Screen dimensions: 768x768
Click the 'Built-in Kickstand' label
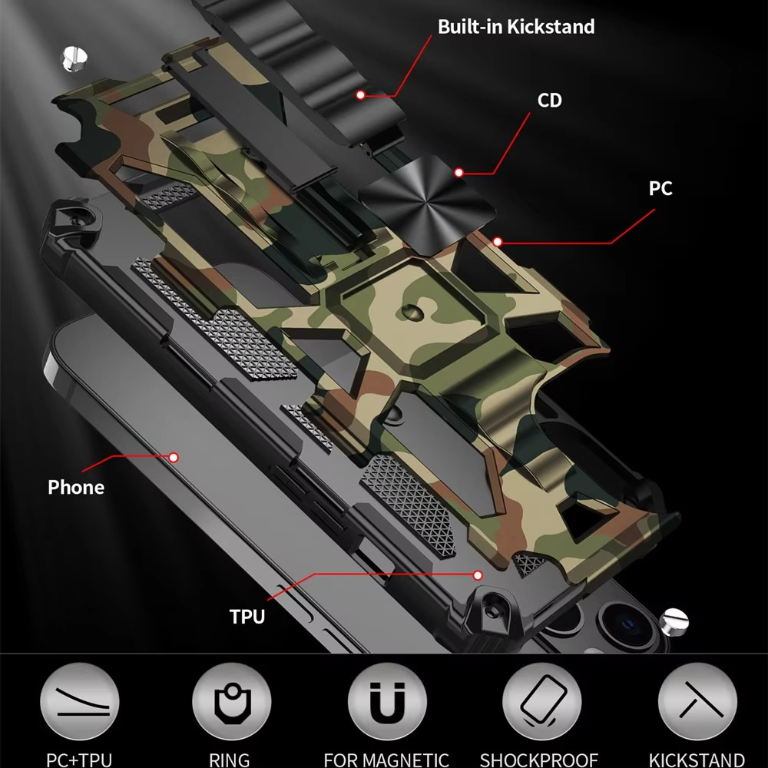pyautogui.click(x=516, y=27)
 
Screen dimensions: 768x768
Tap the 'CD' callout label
pyautogui.click(x=550, y=101)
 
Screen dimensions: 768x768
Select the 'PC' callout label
pyautogui.click(x=660, y=188)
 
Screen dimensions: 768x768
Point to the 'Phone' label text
pyautogui.click(x=75, y=487)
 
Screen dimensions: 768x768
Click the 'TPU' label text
pyautogui.click(x=247, y=616)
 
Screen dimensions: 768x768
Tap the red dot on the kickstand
pyautogui.click(x=360, y=95)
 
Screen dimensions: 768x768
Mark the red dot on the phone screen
pyautogui.click(x=174, y=457)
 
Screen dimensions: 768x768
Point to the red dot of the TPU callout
pyautogui.click(x=478, y=574)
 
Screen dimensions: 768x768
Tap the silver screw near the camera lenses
pyautogui.click(x=676, y=619)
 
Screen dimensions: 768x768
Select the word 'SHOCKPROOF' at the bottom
pyautogui.click(x=539, y=760)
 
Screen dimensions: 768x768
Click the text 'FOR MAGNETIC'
pyautogui.click(x=386, y=760)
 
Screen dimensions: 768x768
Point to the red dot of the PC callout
pyautogui.click(x=498, y=242)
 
